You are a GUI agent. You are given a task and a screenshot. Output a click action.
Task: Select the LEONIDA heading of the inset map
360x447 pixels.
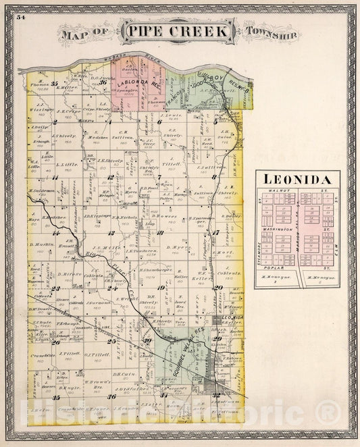[297, 180]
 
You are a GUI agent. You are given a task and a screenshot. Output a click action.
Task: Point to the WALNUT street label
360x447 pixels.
[278, 192]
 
